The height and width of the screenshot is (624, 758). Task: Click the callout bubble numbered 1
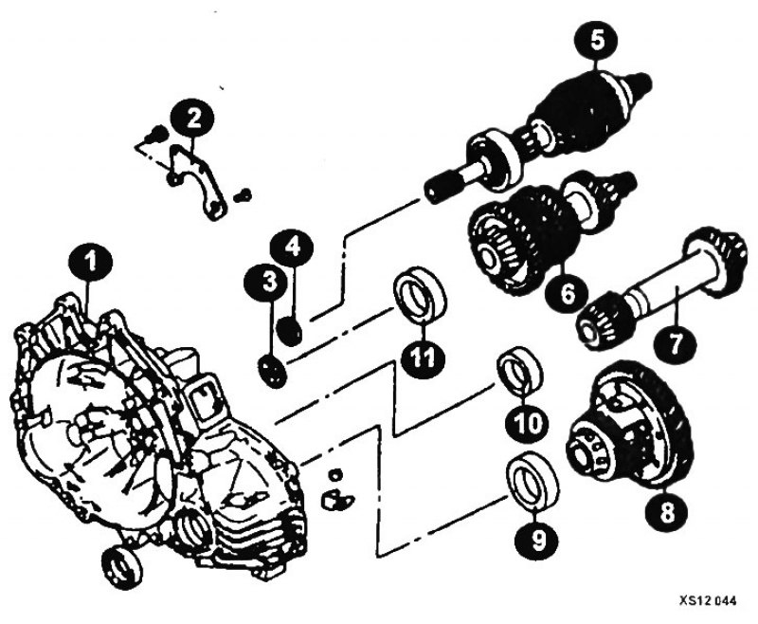click(90, 263)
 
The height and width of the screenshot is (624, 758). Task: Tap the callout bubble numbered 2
click(192, 119)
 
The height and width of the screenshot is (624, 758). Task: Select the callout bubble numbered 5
click(597, 41)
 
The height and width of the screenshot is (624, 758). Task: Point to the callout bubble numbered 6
click(566, 293)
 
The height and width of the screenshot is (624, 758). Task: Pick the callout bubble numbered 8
click(666, 513)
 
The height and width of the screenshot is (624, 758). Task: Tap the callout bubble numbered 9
click(537, 541)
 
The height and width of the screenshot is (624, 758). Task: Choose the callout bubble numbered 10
click(528, 425)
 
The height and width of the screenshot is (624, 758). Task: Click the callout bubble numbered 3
click(269, 282)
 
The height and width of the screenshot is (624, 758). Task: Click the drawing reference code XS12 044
click(708, 601)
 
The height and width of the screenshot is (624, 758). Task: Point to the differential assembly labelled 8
click(628, 426)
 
